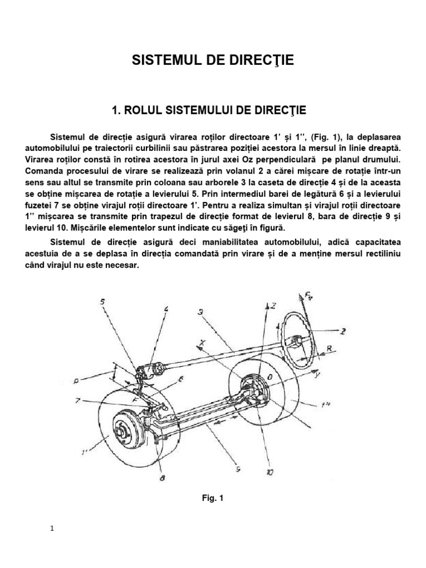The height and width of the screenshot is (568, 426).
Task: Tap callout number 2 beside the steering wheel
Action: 359,332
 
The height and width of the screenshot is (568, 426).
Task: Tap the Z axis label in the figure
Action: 273,306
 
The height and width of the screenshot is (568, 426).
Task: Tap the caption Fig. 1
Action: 212,498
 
